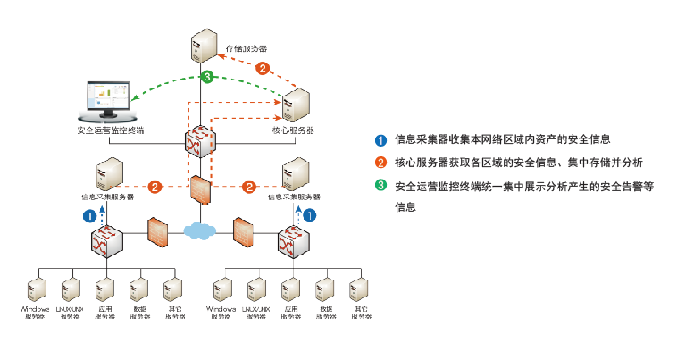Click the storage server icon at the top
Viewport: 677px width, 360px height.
click(x=204, y=46)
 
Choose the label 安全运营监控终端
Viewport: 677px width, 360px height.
click(x=111, y=130)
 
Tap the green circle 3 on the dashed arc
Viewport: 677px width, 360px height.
click(x=207, y=78)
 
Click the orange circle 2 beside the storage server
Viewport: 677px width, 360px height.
click(x=263, y=68)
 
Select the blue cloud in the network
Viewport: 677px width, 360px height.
click(x=200, y=230)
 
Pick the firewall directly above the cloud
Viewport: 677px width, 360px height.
click(x=200, y=192)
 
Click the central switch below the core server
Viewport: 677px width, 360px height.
click(x=200, y=141)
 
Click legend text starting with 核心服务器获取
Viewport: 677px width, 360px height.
click(x=519, y=163)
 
